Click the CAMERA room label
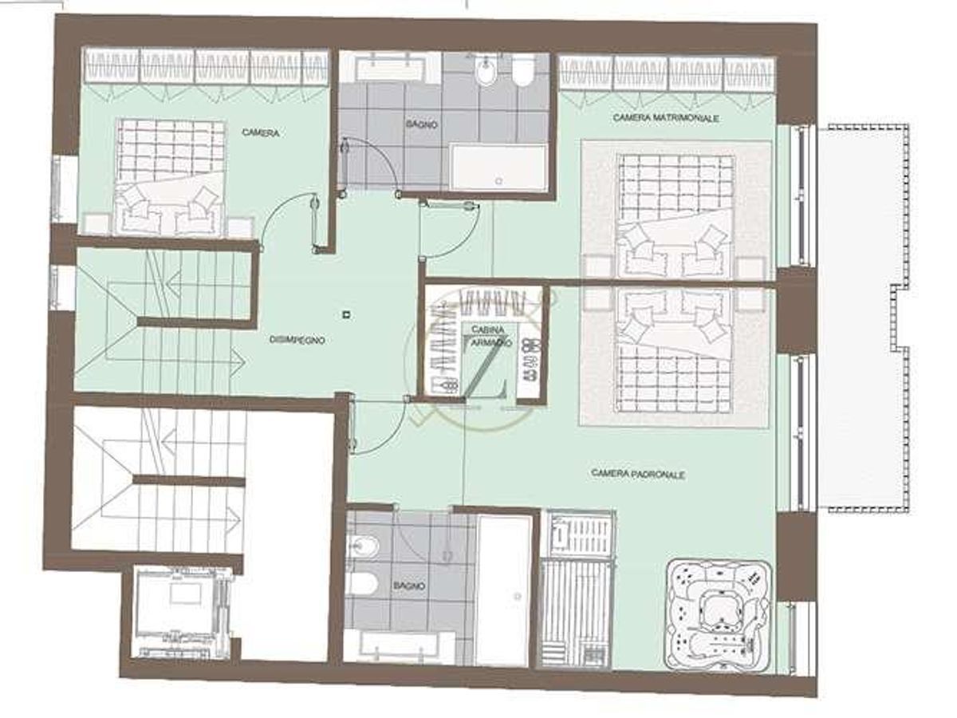(261, 133)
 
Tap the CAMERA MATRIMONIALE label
(667, 118)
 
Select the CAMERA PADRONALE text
(639, 473)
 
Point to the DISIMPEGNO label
(297, 340)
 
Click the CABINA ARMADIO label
(486, 336)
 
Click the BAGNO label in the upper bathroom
(420, 124)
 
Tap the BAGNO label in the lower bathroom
(409, 586)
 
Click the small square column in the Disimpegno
(345, 314)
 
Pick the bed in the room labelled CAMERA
(170, 177)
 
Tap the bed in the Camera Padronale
(675, 349)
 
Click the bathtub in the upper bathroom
(498, 168)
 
